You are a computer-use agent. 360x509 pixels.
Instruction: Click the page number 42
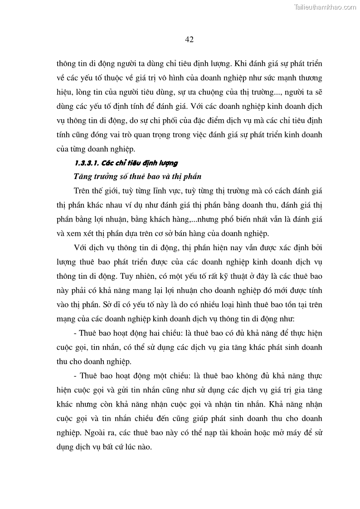point(190,39)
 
